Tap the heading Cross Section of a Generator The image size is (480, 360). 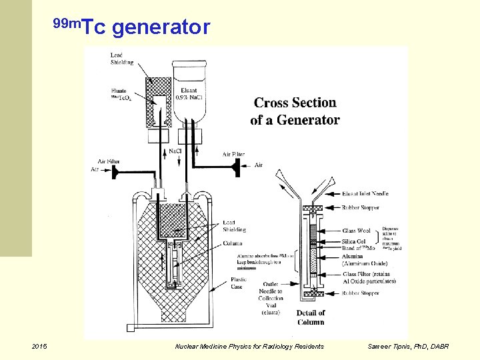pos(295,111)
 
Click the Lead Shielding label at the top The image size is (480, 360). pos(122,59)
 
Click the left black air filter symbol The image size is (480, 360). pos(115,171)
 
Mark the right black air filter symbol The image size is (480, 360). pos(235,165)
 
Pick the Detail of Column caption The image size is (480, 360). pos(311,317)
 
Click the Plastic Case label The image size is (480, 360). pos(238,283)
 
